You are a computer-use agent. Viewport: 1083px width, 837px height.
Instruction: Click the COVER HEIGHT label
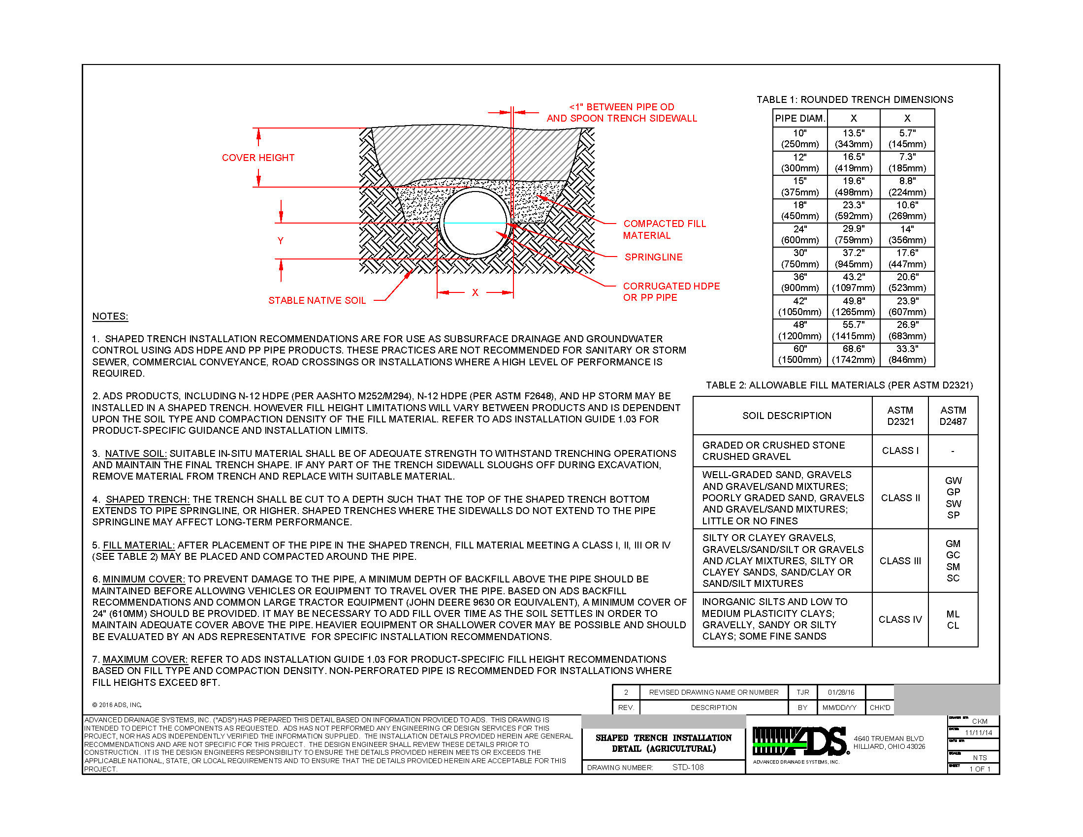point(258,158)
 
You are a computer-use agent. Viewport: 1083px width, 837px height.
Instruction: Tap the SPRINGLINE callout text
point(653,257)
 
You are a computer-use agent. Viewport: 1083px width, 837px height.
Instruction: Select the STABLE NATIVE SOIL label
point(317,300)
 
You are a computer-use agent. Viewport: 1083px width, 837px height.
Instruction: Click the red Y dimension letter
point(281,240)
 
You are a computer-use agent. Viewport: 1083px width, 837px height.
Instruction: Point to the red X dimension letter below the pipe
point(475,292)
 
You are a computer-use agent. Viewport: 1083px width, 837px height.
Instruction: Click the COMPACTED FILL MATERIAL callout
point(664,229)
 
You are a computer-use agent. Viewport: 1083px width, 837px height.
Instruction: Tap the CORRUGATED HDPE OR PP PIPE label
point(671,292)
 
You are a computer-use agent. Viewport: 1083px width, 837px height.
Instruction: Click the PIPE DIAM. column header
point(800,118)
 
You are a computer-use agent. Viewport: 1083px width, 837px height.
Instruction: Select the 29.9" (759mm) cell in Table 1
point(854,234)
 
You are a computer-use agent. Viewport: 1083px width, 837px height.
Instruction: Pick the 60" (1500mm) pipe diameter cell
point(800,354)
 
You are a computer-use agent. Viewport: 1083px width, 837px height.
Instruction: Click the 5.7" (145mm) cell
point(907,139)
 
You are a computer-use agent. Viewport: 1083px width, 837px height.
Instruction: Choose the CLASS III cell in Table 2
point(900,561)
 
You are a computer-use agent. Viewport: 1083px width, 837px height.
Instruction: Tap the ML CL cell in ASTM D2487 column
point(953,620)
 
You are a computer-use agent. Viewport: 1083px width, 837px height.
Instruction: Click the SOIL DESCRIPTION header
point(787,416)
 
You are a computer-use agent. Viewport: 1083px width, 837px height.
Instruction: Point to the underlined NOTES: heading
point(110,317)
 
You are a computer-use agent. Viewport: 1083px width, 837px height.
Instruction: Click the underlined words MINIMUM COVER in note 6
point(144,579)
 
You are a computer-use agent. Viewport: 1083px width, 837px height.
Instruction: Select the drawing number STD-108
point(688,767)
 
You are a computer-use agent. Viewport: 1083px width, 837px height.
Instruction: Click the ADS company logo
point(800,741)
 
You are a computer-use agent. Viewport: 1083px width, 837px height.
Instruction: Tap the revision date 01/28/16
point(841,692)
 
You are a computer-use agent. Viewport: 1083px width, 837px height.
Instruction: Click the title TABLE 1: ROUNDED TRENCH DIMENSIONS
point(855,99)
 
